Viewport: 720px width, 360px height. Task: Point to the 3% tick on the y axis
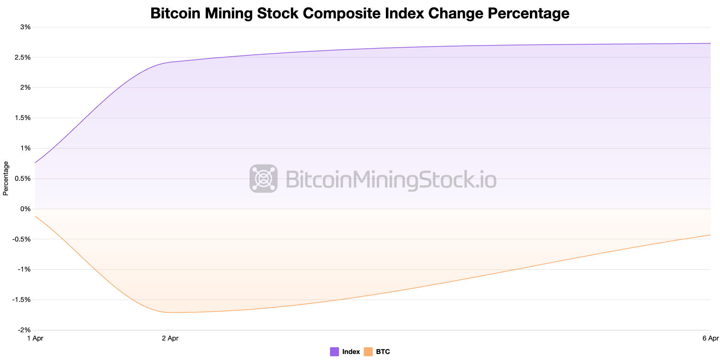click(x=26, y=27)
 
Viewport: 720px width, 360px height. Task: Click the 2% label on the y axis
click(x=26, y=88)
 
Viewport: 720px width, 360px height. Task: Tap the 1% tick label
click(x=26, y=148)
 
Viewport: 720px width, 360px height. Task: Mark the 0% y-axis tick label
click(x=26, y=209)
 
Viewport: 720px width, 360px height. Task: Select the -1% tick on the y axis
click(x=25, y=269)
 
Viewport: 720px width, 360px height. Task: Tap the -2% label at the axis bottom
click(x=25, y=330)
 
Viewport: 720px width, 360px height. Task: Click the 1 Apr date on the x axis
click(x=35, y=338)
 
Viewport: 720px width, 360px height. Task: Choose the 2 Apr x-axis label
click(x=170, y=338)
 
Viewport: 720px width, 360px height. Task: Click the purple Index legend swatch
click(x=334, y=352)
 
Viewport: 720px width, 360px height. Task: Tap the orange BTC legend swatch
click(x=368, y=352)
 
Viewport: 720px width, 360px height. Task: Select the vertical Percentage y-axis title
click(x=6, y=178)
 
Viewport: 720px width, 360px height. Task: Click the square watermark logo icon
click(x=264, y=178)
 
